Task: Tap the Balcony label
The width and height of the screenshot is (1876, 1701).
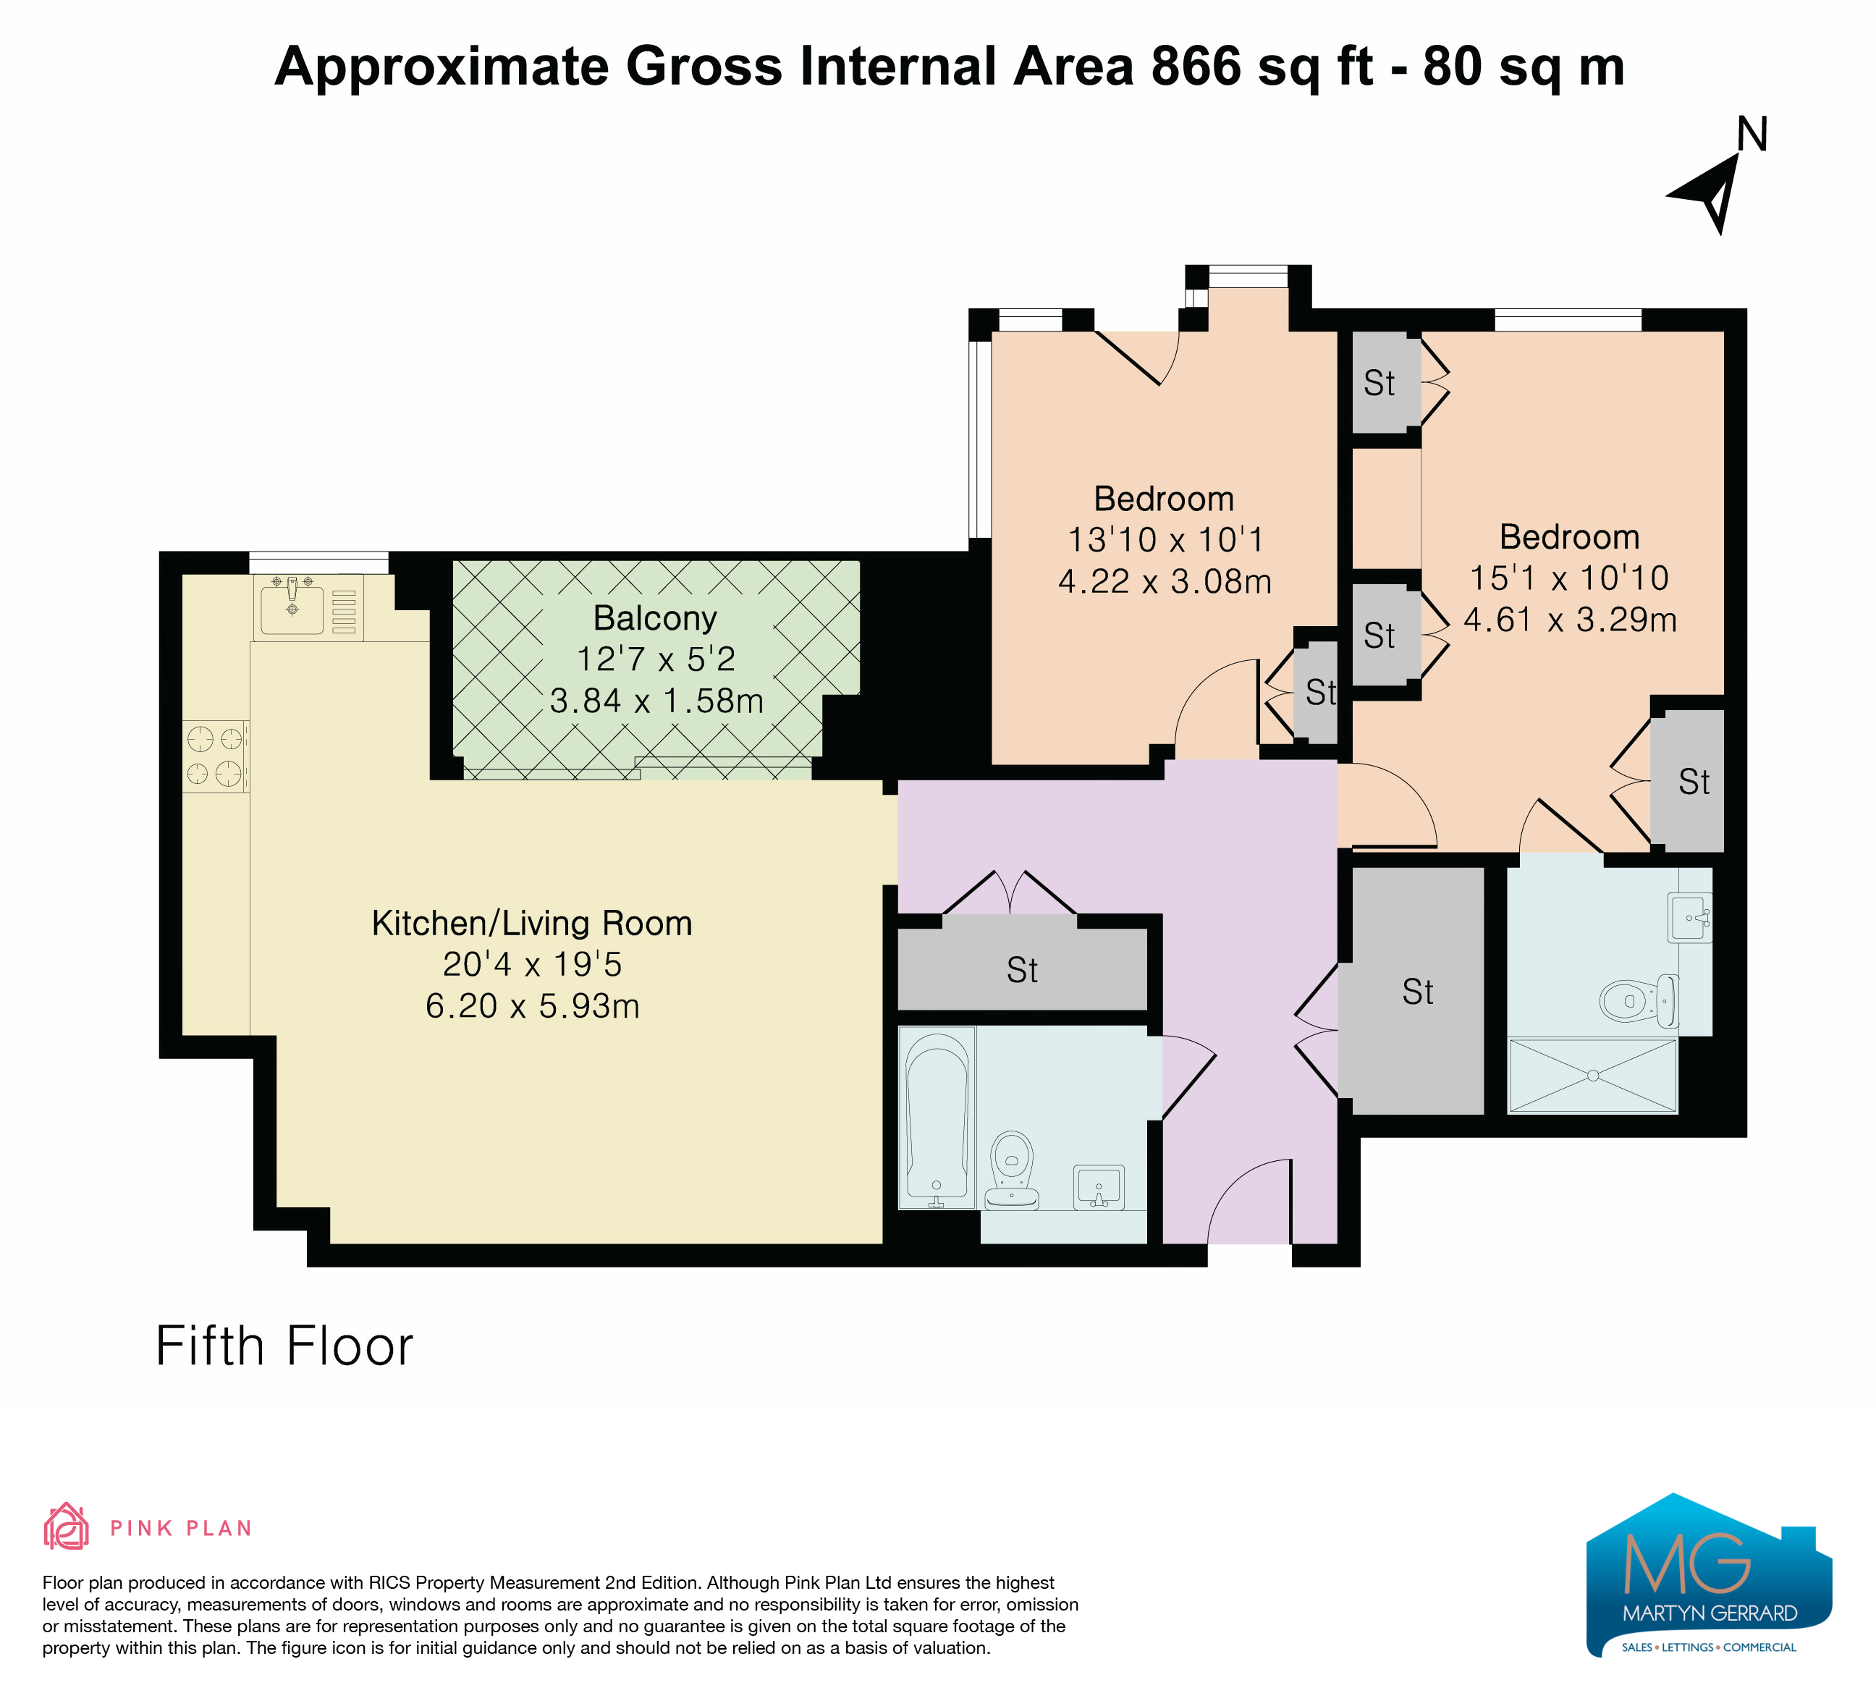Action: (x=655, y=618)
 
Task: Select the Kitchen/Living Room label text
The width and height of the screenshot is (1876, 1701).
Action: (x=531, y=923)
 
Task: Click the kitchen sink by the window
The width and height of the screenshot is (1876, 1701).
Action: (x=292, y=607)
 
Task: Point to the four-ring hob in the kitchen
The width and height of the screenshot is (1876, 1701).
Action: (x=215, y=756)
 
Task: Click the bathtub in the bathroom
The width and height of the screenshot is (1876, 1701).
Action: (x=937, y=1118)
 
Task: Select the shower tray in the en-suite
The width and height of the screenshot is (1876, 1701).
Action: (x=1592, y=1076)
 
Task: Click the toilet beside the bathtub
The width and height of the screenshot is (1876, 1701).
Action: (x=1012, y=1170)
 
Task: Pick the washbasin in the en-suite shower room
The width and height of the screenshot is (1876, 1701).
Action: (x=1690, y=919)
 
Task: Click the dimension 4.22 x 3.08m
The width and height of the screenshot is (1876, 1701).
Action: (x=1164, y=581)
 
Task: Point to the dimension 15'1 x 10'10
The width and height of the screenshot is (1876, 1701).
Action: (x=1569, y=578)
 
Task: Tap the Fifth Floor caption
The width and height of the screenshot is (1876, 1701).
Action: (x=284, y=1346)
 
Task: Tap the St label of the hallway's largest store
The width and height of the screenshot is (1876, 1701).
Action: (x=1417, y=992)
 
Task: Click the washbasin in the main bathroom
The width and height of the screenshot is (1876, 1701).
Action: (x=1098, y=1187)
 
